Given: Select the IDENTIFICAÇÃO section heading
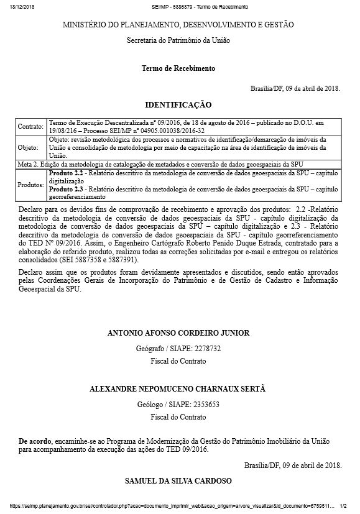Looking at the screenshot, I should pos(178,104).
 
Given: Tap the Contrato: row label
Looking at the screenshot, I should pos(30,126).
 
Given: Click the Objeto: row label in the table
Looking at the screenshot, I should pos(29,148).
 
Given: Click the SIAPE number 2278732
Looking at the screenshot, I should pos(203,347).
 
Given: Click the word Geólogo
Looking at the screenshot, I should pos(150,403).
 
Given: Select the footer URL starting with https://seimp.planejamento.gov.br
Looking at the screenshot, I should pos(168,507).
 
